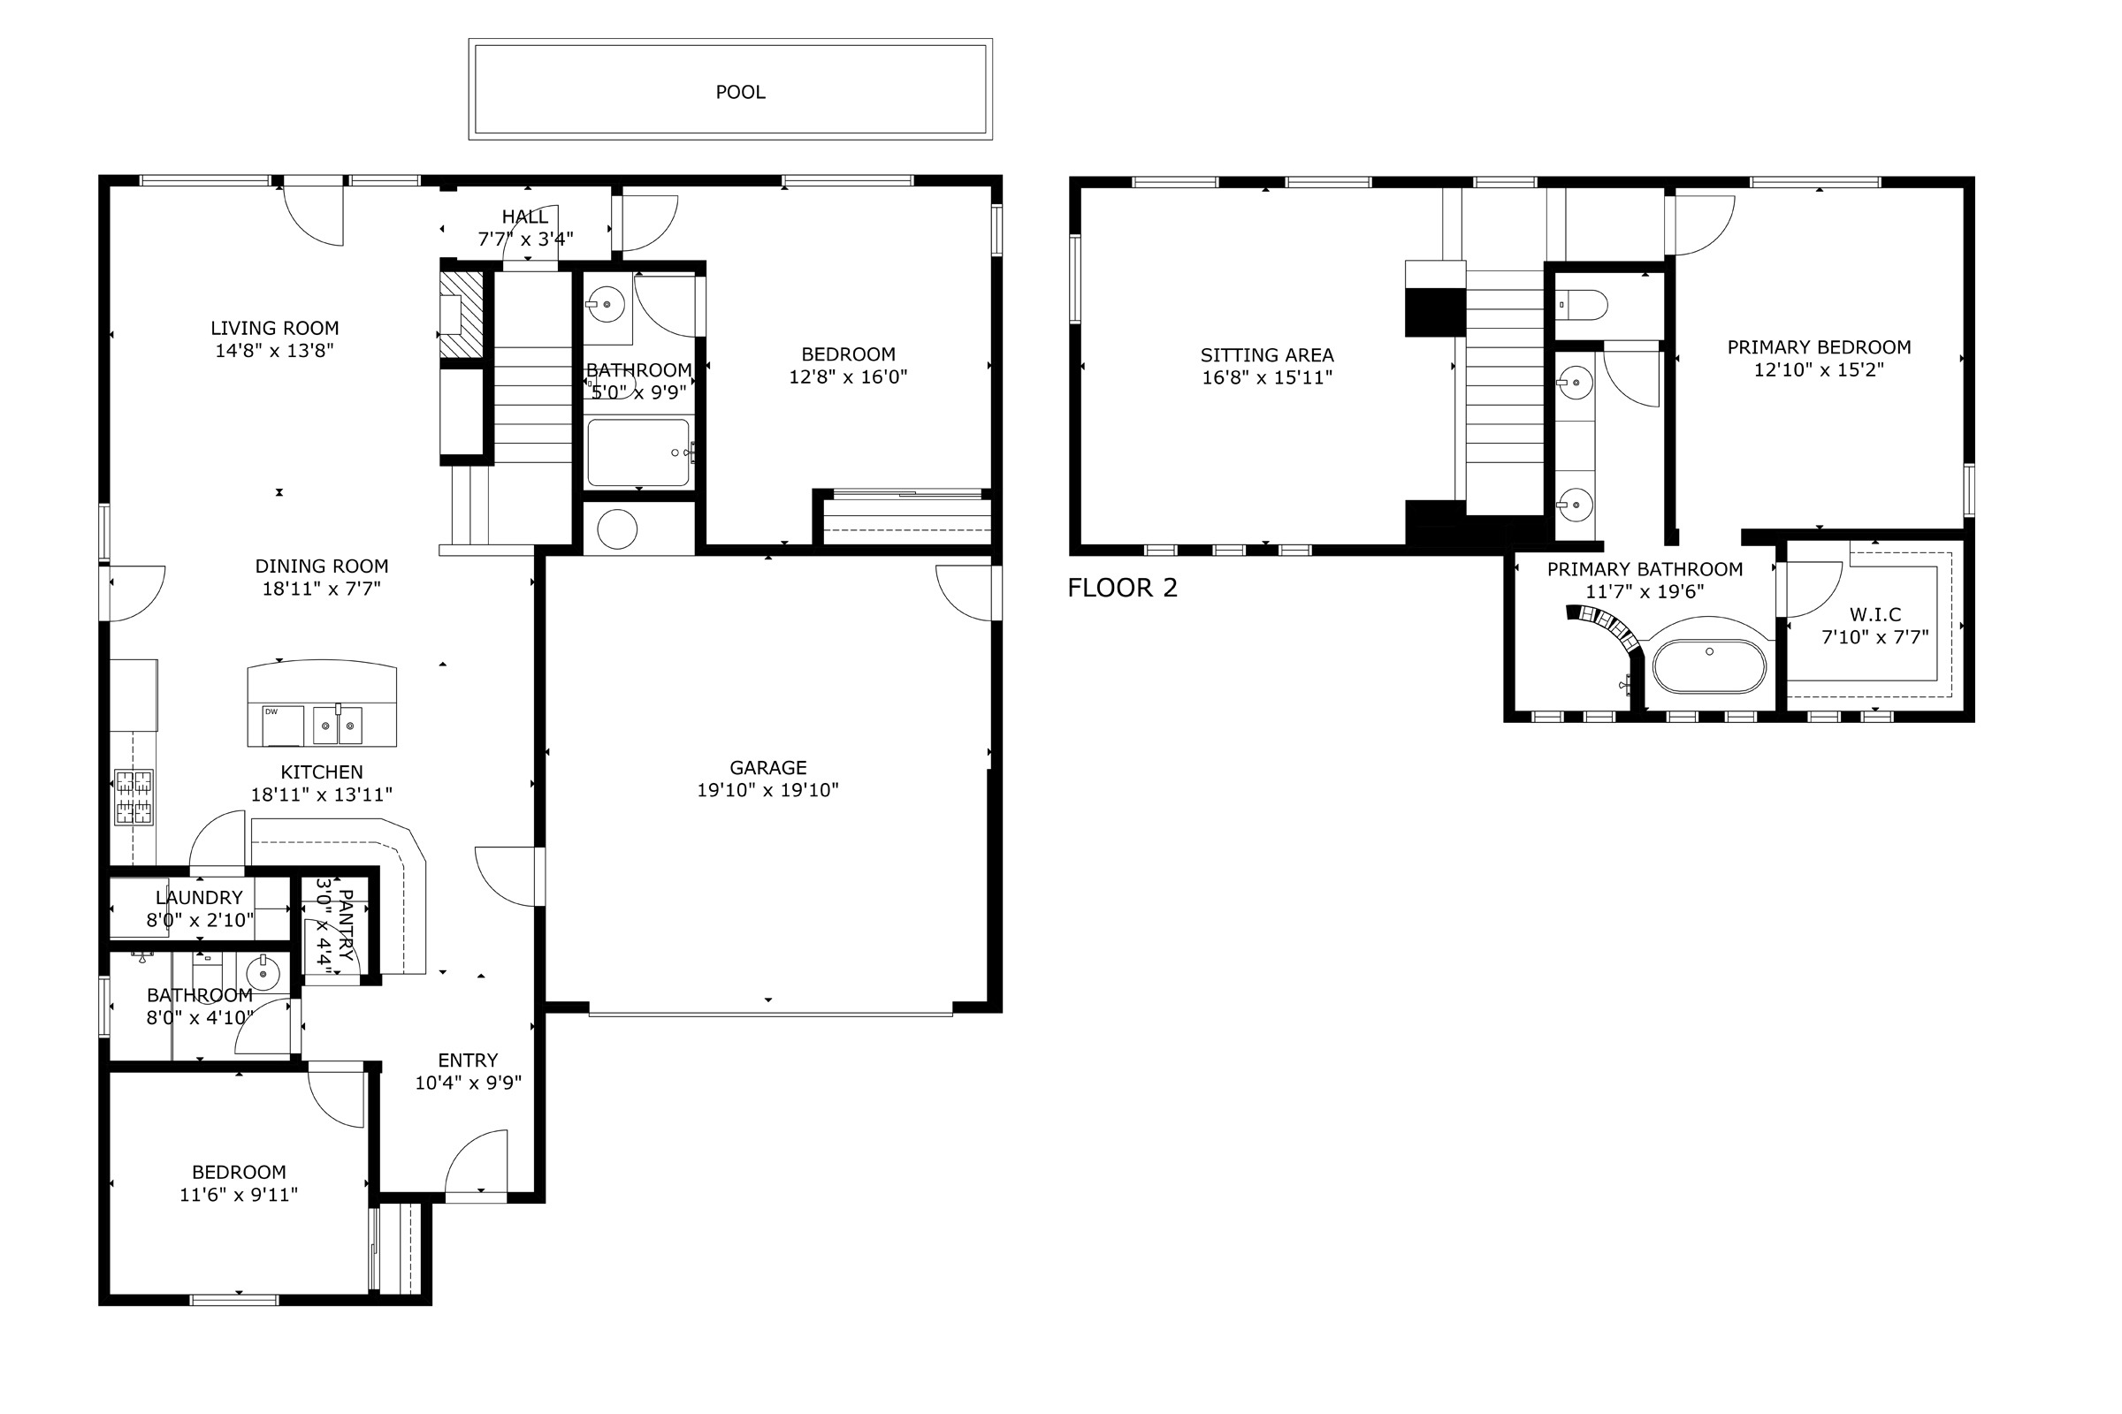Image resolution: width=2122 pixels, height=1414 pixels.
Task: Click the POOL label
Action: pyautogui.click(x=740, y=92)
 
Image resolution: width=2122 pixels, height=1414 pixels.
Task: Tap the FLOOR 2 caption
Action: pyautogui.click(x=1122, y=588)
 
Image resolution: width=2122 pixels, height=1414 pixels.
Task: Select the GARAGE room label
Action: pyautogui.click(x=767, y=767)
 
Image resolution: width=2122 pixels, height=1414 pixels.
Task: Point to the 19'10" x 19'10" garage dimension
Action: pyautogui.click(x=767, y=790)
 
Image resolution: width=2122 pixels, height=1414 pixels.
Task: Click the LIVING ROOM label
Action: pyautogui.click(x=274, y=328)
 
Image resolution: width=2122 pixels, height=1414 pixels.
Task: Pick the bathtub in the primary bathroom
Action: pyautogui.click(x=1709, y=666)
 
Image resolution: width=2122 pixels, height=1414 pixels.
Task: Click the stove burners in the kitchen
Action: pyautogui.click(x=134, y=797)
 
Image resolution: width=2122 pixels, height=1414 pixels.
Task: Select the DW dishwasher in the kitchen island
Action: pyautogui.click(x=282, y=726)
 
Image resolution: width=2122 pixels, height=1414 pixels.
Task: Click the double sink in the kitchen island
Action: pyautogui.click(x=338, y=725)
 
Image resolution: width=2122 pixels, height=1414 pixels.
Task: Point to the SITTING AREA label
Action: pyautogui.click(x=1267, y=355)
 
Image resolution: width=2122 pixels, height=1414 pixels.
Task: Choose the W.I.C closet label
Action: pyautogui.click(x=1874, y=615)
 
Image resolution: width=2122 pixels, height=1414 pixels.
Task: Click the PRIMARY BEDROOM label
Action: pyautogui.click(x=1819, y=347)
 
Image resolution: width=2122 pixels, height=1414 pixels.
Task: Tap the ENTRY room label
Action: pyautogui.click(x=468, y=1060)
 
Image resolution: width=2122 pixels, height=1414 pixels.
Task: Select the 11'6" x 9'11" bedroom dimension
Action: pyautogui.click(x=238, y=1195)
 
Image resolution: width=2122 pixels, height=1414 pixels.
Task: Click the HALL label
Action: pyautogui.click(x=524, y=217)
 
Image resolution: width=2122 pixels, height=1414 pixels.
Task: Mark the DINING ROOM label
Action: pyautogui.click(x=321, y=566)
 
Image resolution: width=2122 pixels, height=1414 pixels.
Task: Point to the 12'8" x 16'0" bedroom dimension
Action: pyautogui.click(x=848, y=377)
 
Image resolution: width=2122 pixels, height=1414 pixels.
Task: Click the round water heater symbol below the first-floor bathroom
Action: pyautogui.click(x=617, y=529)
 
